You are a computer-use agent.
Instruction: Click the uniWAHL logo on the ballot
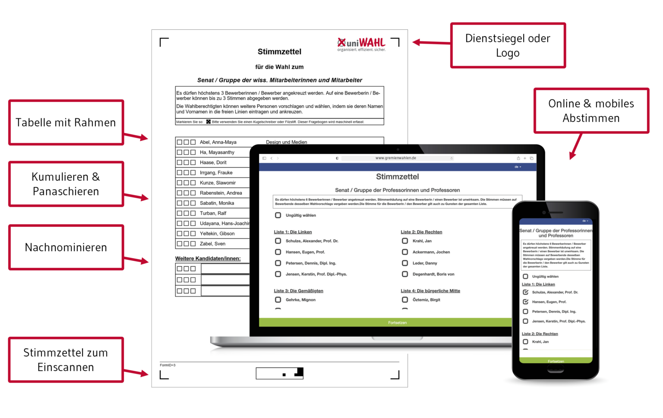click(x=361, y=44)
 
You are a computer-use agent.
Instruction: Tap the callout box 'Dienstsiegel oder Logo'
click(x=508, y=45)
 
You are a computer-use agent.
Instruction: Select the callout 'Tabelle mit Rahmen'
click(x=66, y=123)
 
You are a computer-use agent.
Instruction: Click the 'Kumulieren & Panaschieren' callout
click(x=66, y=184)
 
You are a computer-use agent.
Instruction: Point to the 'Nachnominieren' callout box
click(x=66, y=247)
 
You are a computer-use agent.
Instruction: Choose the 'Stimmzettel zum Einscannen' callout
click(x=66, y=360)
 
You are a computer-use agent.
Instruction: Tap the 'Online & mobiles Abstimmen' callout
click(x=591, y=111)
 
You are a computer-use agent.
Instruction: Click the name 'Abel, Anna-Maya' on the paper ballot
click(x=218, y=142)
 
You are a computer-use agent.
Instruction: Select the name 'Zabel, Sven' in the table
click(x=212, y=244)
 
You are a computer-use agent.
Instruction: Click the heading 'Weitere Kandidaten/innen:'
click(x=208, y=259)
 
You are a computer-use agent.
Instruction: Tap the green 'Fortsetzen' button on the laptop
click(x=397, y=323)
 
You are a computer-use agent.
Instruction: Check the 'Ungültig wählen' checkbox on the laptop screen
click(x=278, y=215)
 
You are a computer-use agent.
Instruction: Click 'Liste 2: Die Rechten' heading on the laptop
click(x=421, y=232)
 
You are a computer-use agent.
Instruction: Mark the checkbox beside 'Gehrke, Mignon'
click(x=278, y=300)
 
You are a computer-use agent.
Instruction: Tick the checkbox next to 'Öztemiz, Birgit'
click(x=405, y=300)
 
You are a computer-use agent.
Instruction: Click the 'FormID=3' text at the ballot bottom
click(x=167, y=365)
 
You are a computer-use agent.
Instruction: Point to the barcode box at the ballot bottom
click(x=280, y=373)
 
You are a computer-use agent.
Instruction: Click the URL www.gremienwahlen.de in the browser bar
click(x=395, y=158)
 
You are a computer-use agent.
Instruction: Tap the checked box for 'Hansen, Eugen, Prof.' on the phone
click(x=525, y=302)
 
